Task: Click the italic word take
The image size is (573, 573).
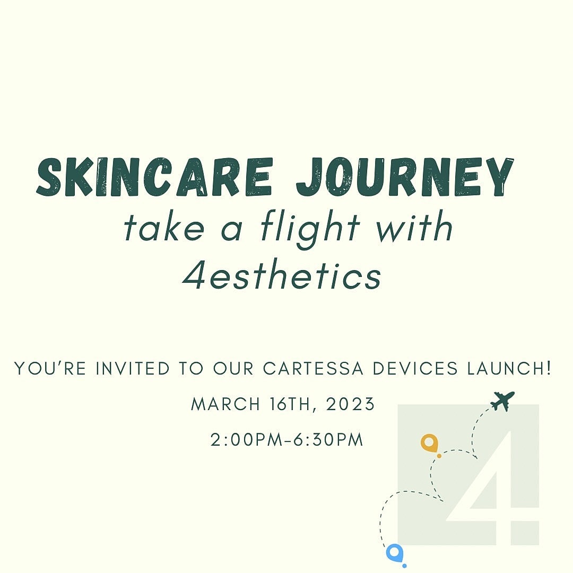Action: (x=164, y=227)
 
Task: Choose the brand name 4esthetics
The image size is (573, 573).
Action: (x=282, y=275)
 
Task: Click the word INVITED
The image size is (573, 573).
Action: (x=133, y=368)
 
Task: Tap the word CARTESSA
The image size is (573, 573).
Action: (x=313, y=368)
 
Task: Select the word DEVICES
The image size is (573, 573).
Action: (x=415, y=368)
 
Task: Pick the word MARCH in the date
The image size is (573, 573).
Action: (x=225, y=404)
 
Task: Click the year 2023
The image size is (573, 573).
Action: (x=351, y=404)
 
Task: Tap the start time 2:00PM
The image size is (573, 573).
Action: (x=247, y=440)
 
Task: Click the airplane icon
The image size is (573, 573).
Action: (x=502, y=401)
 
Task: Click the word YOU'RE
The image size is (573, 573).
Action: (x=50, y=368)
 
